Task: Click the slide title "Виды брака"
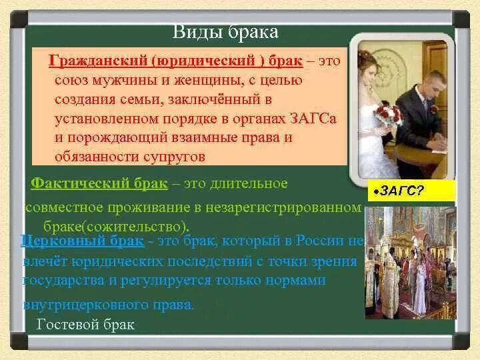click(x=225, y=32)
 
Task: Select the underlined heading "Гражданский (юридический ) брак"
click(x=176, y=61)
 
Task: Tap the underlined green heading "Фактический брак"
click(x=99, y=184)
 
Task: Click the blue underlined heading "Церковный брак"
click(x=83, y=241)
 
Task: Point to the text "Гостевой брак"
click(x=85, y=324)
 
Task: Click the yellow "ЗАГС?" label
click(x=411, y=191)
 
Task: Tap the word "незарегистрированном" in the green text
click(x=283, y=208)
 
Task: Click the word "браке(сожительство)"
click(x=116, y=227)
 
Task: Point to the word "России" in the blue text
click(x=319, y=241)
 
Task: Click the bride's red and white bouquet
click(x=387, y=114)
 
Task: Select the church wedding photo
click(x=411, y=263)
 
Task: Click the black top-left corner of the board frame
click(x=19, y=19)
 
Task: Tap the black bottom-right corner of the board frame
click(x=461, y=341)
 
